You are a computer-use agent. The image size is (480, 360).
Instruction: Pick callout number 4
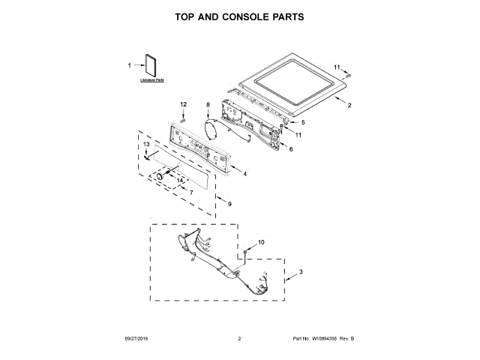[244, 175]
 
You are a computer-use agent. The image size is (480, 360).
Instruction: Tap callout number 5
[304, 122]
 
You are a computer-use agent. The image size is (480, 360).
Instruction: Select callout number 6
[290, 149]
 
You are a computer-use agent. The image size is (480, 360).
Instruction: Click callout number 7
[191, 193]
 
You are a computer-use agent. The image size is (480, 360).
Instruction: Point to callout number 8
[208, 104]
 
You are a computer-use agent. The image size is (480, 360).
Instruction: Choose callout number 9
[229, 204]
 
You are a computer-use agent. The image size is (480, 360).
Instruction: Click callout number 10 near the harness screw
[261, 241]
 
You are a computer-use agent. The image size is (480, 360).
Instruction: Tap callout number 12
[182, 103]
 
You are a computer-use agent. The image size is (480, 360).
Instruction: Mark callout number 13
[147, 143]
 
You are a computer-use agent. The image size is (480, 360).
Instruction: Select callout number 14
[179, 180]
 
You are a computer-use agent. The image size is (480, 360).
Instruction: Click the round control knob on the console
[160, 174]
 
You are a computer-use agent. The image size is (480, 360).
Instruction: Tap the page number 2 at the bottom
[239, 339]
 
